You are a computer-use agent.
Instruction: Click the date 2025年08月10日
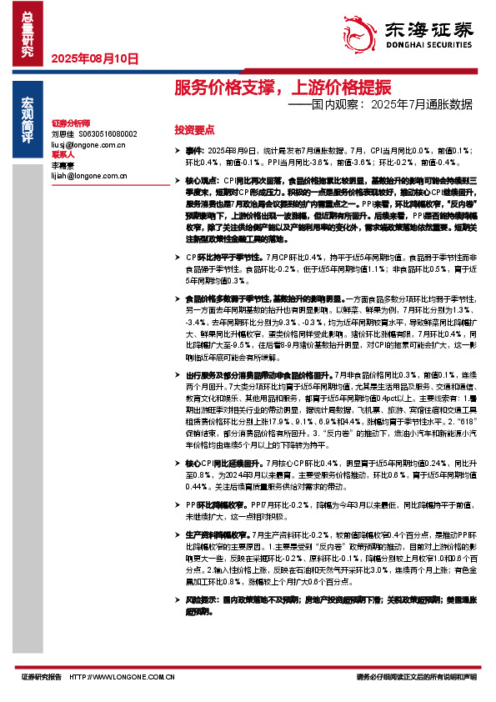click(94, 58)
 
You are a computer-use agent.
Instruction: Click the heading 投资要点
click(194, 130)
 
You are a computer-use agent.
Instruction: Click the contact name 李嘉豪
click(63, 165)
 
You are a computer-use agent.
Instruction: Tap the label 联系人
click(63, 154)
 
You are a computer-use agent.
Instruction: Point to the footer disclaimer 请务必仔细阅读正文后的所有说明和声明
click(416, 678)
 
